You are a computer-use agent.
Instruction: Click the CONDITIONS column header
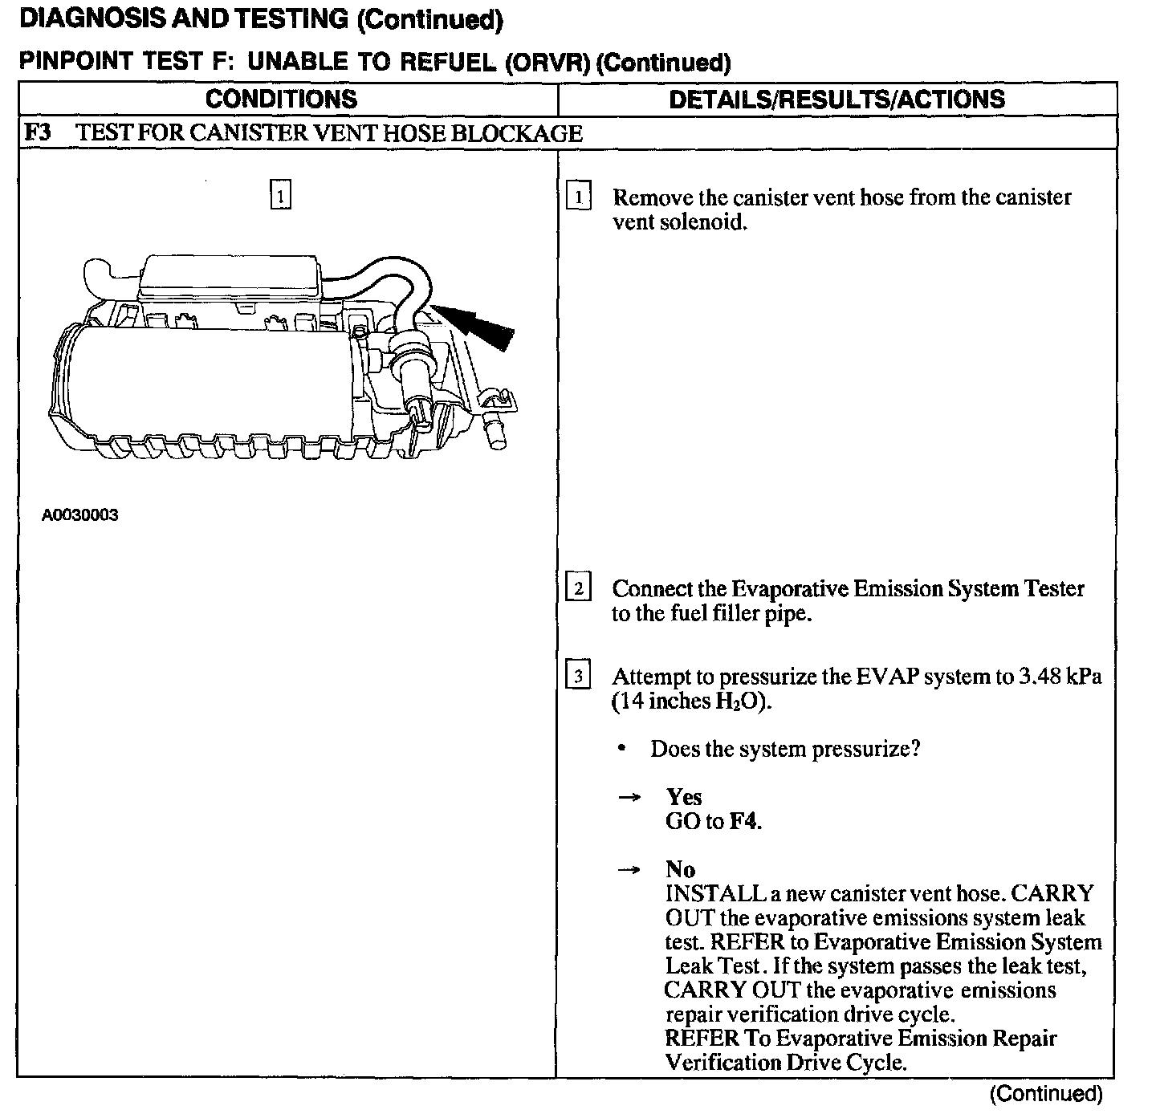pyautogui.click(x=281, y=99)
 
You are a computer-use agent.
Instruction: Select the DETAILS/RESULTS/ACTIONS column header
pyautogui.click(x=836, y=99)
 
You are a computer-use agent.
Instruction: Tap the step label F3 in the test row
pyautogui.click(x=36, y=132)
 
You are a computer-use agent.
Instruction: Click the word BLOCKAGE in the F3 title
pyautogui.click(x=516, y=133)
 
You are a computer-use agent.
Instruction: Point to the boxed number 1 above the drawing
pyautogui.click(x=280, y=195)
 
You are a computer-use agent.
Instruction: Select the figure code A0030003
pyautogui.click(x=80, y=515)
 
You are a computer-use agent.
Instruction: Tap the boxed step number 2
pyautogui.click(x=578, y=588)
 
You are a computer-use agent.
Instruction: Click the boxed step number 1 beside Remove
pyautogui.click(x=578, y=197)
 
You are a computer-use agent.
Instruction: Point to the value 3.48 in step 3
pyautogui.click(x=1040, y=677)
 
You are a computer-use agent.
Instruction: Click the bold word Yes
pyautogui.click(x=683, y=797)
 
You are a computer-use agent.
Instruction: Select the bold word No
pyautogui.click(x=680, y=869)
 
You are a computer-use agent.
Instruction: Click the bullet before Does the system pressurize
pyautogui.click(x=622, y=749)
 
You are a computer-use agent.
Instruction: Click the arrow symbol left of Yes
pyautogui.click(x=629, y=797)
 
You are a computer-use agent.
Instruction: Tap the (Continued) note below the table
pyautogui.click(x=1046, y=1093)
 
